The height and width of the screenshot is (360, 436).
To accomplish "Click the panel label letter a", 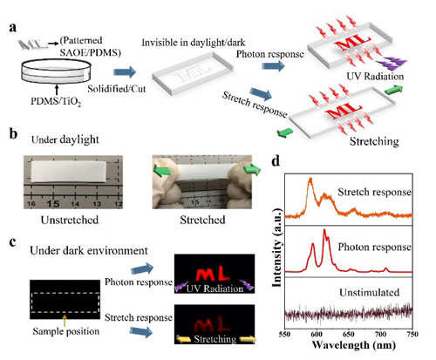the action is click(13, 28).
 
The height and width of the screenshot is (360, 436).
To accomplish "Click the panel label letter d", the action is click(276, 160).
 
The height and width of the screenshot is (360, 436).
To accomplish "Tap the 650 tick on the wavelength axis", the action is click(348, 334).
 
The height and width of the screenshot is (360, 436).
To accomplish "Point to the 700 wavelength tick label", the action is click(380, 334).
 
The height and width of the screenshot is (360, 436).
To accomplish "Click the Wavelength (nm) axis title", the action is click(354, 345).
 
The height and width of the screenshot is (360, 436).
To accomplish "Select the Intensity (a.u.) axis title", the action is click(277, 248).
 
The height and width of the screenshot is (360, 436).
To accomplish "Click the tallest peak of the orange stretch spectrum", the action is click(310, 180).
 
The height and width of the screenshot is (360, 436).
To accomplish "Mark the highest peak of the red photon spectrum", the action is click(324, 231).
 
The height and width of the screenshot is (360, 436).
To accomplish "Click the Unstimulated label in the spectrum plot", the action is click(370, 292).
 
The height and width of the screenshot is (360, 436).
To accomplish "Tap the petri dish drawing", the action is click(56, 71).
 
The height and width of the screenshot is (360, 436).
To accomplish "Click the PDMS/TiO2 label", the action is click(56, 102).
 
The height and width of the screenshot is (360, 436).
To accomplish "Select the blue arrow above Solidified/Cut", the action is click(125, 71).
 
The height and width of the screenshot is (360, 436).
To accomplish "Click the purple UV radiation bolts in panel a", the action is click(391, 64).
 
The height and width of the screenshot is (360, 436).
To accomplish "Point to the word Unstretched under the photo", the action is click(70, 220).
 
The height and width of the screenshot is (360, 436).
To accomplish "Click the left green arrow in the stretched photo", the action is click(162, 170).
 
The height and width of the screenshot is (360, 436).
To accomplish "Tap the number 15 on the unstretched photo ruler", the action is click(52, 204).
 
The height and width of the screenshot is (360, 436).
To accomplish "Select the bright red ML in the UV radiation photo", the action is click(213, 274).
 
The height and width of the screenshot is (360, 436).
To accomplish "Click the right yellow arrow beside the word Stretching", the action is click(247, 339).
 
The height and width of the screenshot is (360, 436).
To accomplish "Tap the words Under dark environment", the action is click(89, 250).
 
